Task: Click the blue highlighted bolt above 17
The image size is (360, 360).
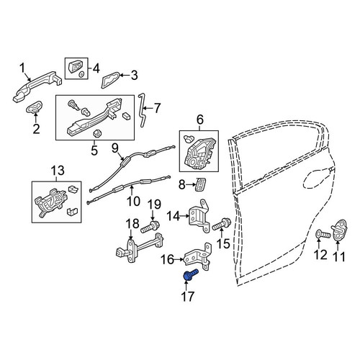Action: (191, 274)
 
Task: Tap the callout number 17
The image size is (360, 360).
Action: (187, 297)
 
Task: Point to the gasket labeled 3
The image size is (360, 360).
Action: (111, 79)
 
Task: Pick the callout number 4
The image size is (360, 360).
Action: (96, 68)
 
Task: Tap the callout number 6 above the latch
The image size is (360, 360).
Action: (200, 120)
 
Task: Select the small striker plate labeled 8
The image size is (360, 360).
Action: (201, 184)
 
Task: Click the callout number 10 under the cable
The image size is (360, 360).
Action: (133, 201)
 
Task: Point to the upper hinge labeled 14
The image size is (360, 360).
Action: (199, 216)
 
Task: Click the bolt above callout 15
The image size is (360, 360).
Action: (221, 224)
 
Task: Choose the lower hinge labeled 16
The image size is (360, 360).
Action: (198, 257)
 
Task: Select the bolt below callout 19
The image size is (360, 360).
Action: (150, 227)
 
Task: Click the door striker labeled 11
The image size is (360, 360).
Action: (339, 230)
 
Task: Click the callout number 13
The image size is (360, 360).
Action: (58, 171)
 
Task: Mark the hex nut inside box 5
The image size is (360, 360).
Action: (96, 132)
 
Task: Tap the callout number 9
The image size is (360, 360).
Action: (115, 148)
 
